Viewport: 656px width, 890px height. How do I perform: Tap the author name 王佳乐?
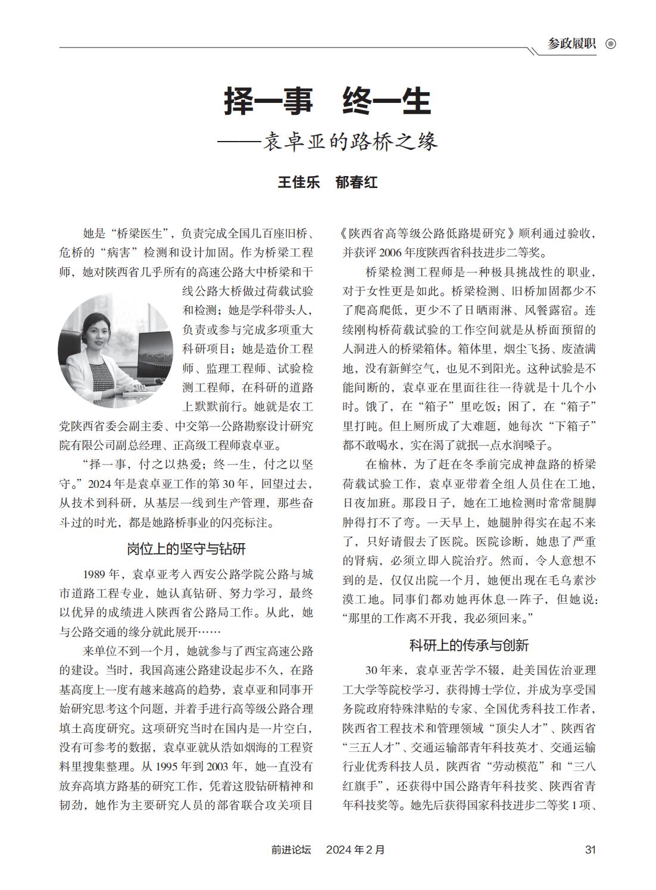[x=299, y=182]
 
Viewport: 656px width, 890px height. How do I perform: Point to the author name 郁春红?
[x=357, y=182]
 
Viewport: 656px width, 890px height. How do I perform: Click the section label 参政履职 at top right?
[x=572, y=43]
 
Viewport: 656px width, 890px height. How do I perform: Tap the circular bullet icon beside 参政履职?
[x=610, y=43]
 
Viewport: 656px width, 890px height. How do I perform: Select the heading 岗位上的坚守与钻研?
[x=186, y=548]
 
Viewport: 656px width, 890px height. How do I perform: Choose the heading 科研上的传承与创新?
[x=469, y=645]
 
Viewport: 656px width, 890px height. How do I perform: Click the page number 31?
[x=591, y=850]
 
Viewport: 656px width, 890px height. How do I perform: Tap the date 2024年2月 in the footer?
[x=355, y=850]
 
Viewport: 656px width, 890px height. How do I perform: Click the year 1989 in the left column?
[x=95, y=574]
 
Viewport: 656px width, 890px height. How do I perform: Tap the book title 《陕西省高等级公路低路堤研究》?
[x=429, y=233]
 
